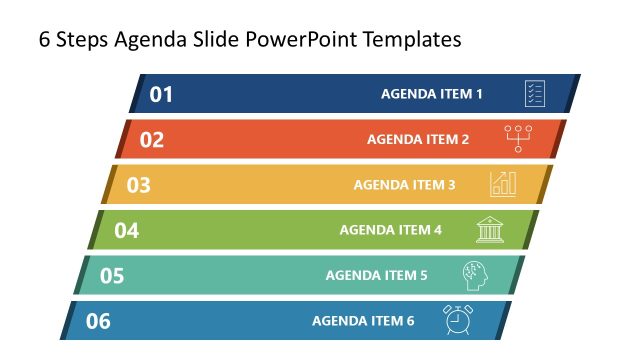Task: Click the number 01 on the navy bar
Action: pyautogui.click(x=162, y=95)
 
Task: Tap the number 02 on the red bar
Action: pyautogui.click(x=151, y=140)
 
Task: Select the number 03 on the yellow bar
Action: pyautogui.click(x=138, y=185)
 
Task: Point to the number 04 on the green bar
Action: pyautogui.click(x=126, y=231)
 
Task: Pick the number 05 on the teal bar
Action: pyautogui.click(x=112, y=276)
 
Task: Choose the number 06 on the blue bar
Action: pyautogui.click(x=98, y=322)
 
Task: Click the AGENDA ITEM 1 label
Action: pyautogui.click(x=432, y=95)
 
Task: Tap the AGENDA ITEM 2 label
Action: pyautogui.click(x=418, y=140)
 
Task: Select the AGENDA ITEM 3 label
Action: pyautogui.click(x=404, y=185)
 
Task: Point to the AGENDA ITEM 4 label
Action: pyautogui.click(x=390, y=231)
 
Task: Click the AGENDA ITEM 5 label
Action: pyautogui.click(x=376, y=276)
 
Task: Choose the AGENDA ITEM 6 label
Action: pyautogui.click(x=362, y=322)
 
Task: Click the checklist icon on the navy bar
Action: pyautogui.click(x=535, y=94)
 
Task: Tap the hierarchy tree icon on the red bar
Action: pyautogui.click(x=519, y=138)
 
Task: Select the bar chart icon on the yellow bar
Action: pyautogui.click(x=503, y=183)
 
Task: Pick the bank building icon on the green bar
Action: pyautogui.click(x=490, y=230)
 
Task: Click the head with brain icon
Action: pyautogui.click(x=475, y=275)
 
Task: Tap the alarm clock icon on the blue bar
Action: pyautogui.click(x=459, y=320)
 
